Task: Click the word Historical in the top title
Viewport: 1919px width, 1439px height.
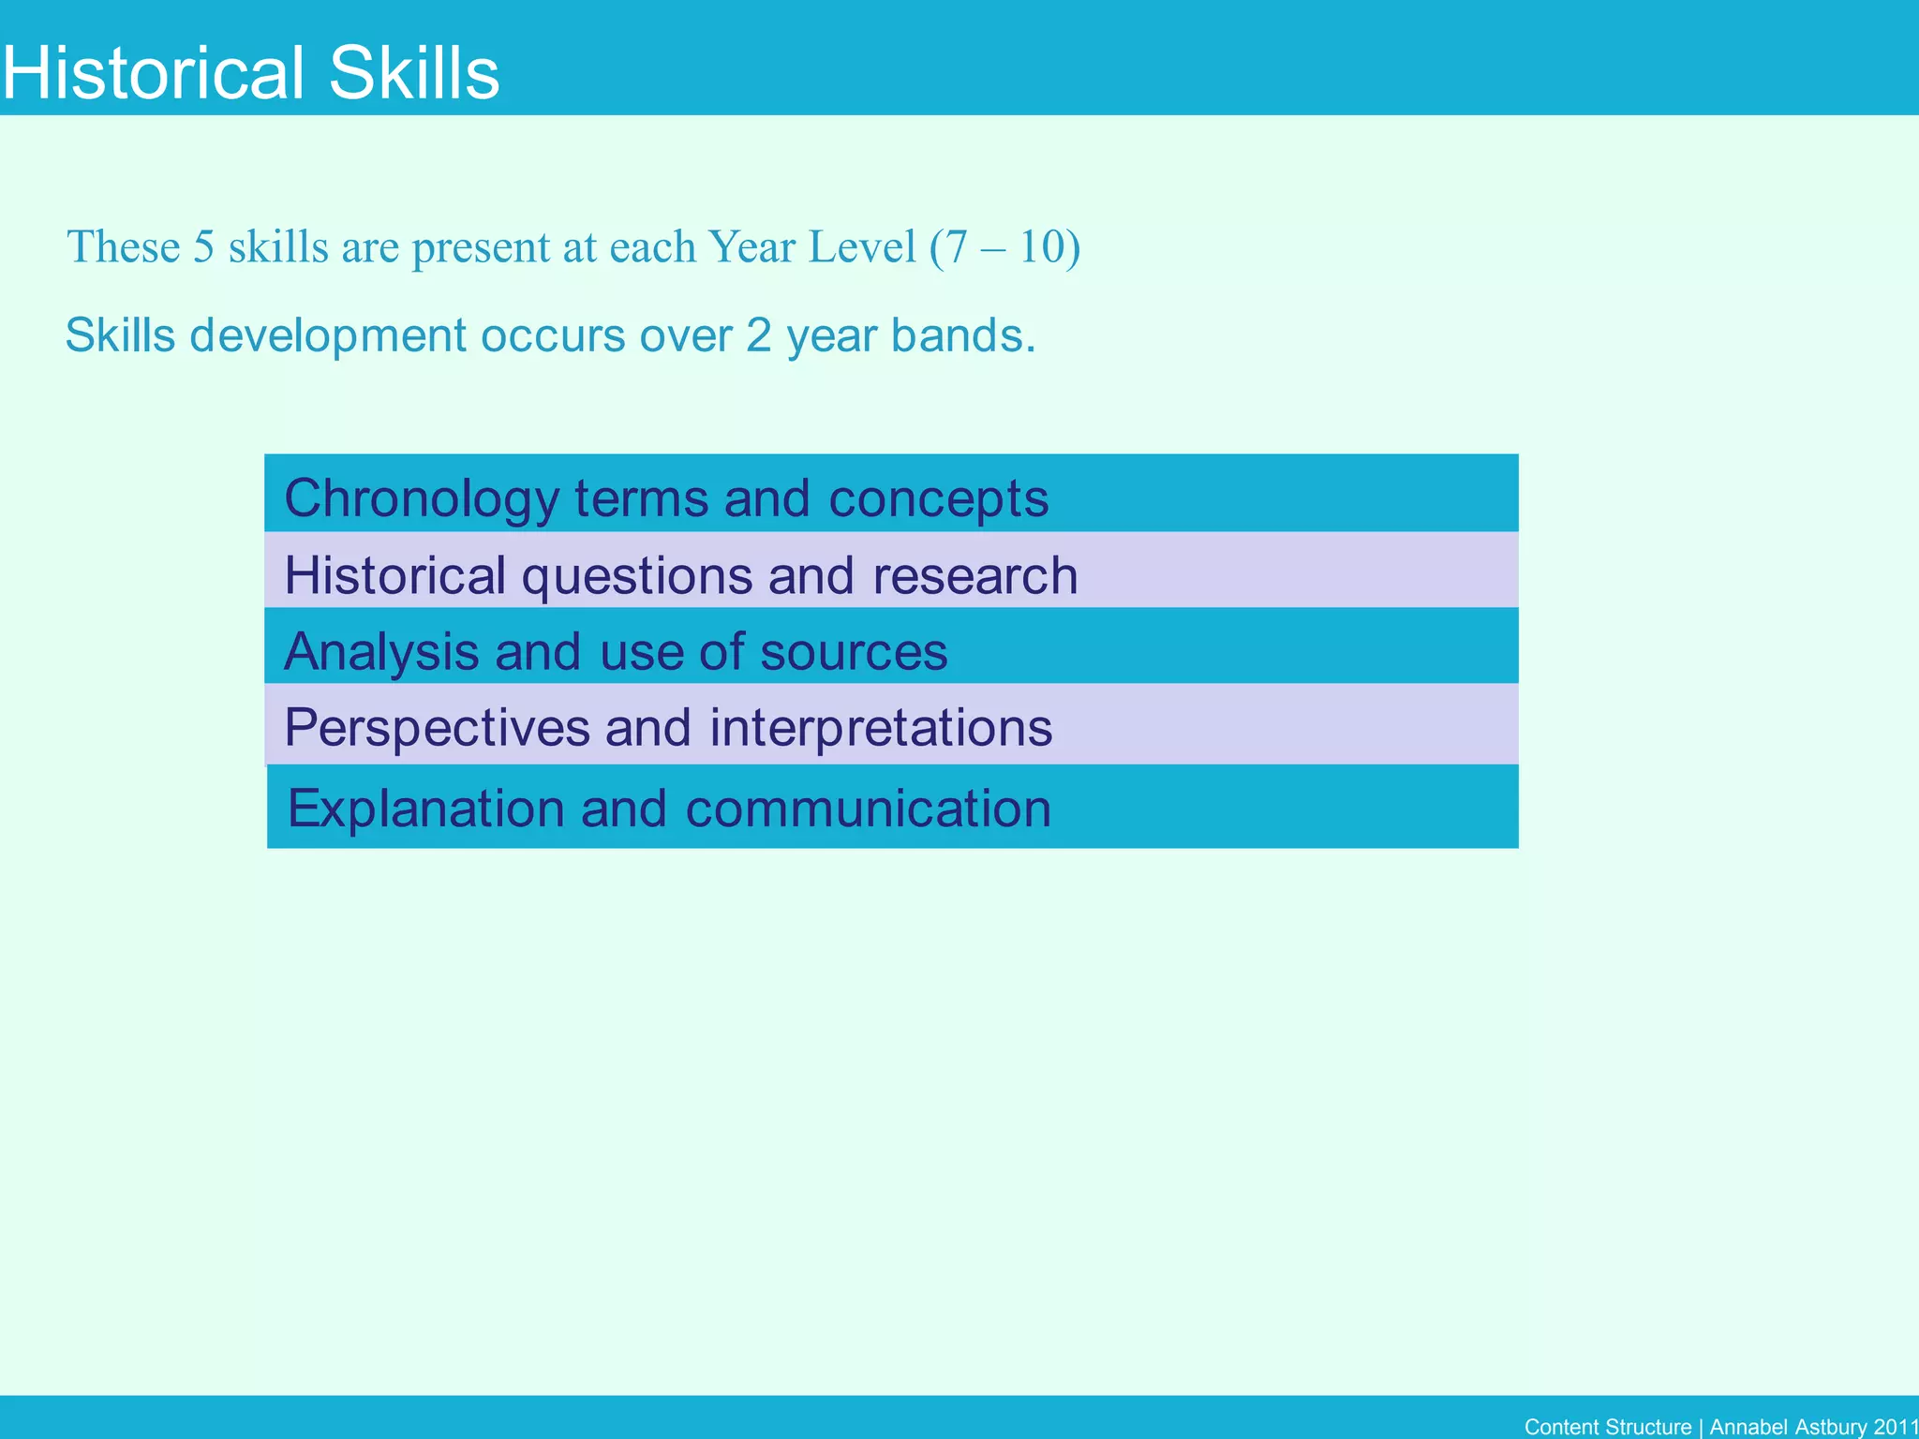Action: click(x=154, y=74)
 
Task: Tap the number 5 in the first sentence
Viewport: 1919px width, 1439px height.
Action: click(x=203, y=247)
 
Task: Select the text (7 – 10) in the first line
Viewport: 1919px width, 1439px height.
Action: click(x=1004, y=247)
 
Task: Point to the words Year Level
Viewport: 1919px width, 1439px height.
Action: click(x=811, y=247)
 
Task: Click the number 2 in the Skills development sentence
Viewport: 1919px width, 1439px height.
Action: click(x=758, y=335)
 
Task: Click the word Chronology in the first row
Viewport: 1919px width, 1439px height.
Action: click(x=421, y=498)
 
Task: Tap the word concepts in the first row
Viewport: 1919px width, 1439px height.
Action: click(x=938, y=498)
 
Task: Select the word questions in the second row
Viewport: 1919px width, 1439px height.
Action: click(x=636, y=575)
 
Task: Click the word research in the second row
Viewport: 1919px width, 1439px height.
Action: click(x=974, y=575)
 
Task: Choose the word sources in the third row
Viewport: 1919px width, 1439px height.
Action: click(x=854, y=651)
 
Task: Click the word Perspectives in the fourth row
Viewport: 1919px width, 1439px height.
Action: click(x=436, y=728)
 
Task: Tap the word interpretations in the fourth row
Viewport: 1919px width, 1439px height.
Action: click(x=881, y=728)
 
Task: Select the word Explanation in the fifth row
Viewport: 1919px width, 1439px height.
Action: click(x=425, y=809)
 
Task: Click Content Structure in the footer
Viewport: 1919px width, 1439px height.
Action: click(x=1607, y=1427)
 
